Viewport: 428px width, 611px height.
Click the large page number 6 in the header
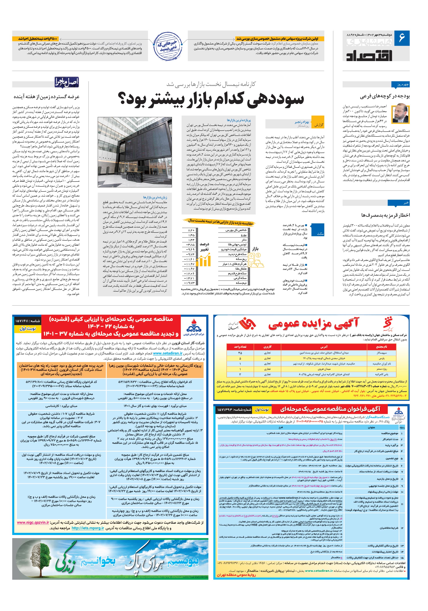coord(401,38)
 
